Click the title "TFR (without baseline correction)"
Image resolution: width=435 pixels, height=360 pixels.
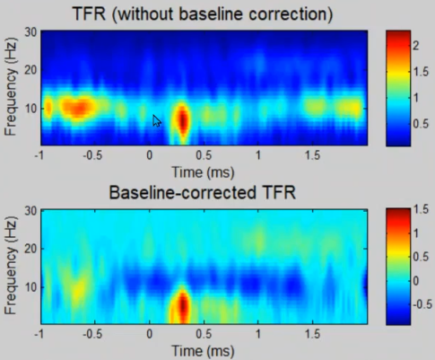click(203, 14)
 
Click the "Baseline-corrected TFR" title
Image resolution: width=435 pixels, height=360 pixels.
click(203, 192)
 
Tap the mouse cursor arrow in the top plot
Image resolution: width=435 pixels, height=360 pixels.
click(157, 121)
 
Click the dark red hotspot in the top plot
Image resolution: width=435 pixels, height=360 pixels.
click(183, 120)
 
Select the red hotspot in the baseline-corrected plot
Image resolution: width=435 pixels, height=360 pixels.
click(183, 305)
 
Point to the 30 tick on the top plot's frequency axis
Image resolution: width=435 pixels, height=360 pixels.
click(30, 32)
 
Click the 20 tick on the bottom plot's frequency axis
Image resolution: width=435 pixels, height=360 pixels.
click(30, 249)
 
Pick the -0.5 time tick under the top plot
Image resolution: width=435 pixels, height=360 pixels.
click(92, 155)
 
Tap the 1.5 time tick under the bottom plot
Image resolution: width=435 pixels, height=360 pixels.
click(313, 334)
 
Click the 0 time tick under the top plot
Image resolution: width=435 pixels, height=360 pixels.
click(150, 155)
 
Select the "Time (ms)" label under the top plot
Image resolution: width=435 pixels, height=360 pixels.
click(203, 172)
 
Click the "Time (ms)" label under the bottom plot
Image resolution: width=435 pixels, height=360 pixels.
click(203, 351)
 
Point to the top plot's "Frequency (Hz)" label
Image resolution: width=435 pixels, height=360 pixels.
click(11, 87)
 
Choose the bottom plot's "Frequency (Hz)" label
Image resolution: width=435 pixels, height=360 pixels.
click(11, 266)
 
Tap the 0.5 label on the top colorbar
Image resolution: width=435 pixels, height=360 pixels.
click(421, 123)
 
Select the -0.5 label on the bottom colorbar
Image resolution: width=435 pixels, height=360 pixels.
click(422, 304)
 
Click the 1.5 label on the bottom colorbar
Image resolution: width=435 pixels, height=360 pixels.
click(421, 210)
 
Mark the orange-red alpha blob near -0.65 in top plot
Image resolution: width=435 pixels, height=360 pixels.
click(79, 109)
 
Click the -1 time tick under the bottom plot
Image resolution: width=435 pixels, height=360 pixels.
click(39, 334)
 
